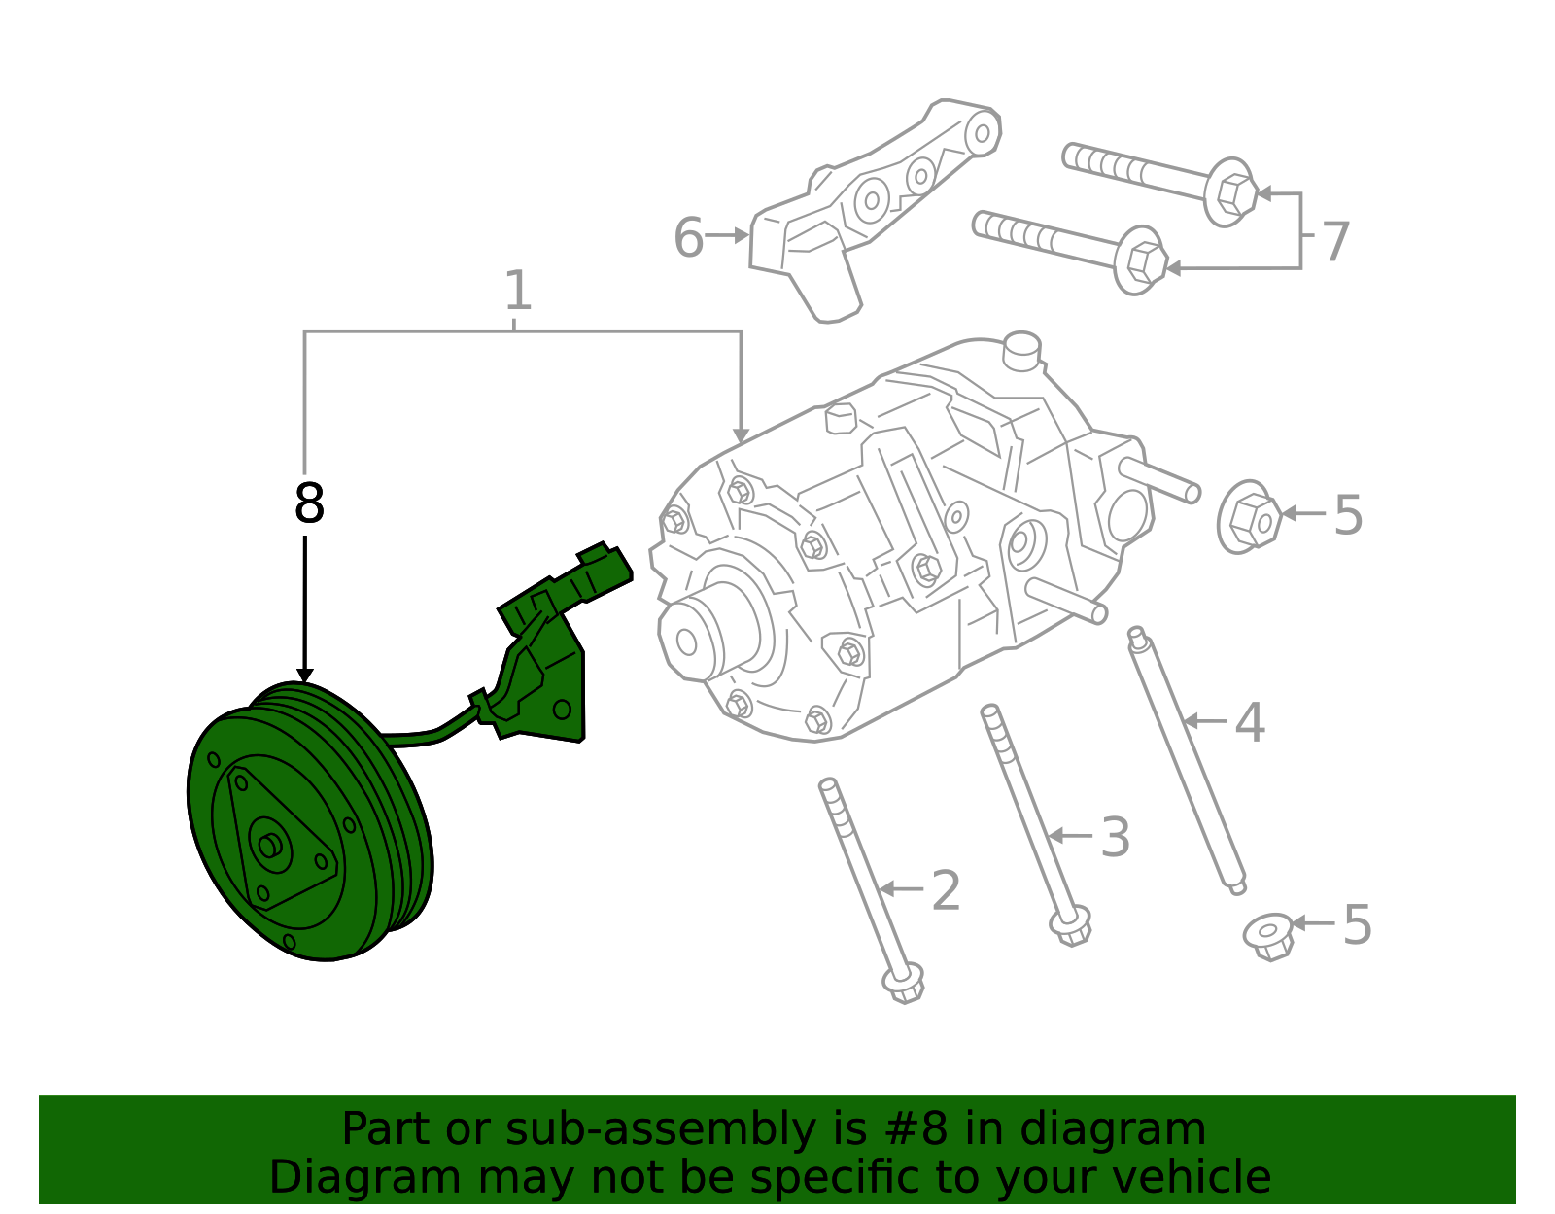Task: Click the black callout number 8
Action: (309, 505)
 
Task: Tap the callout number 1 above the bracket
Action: (518, 292)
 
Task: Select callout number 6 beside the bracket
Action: (688, 238)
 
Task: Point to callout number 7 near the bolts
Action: (1336, 242)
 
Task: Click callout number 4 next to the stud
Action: (1250, 723)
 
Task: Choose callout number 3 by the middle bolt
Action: (1116, 838)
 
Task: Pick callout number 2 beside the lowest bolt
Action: (946, 891)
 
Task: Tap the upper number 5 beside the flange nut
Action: (1348, 515)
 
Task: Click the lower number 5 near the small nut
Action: (1357, 925)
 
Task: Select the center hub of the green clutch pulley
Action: (269, 846)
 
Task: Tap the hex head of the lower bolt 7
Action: (1143, 260)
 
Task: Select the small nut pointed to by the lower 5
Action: (1268, 936)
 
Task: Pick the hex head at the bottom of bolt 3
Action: (1071, 924)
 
